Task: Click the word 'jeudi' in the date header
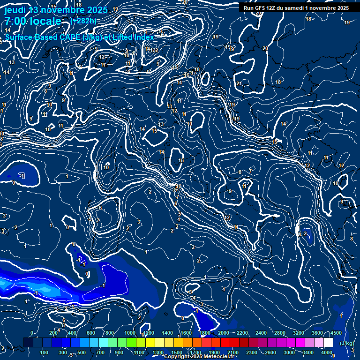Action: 16,9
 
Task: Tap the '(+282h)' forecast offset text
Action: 83,21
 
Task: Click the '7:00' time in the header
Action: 15,21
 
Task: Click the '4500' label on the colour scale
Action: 335,333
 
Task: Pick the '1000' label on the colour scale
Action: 130,333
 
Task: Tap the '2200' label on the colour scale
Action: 242,333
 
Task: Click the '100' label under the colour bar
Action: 45,352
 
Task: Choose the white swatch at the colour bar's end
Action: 328,343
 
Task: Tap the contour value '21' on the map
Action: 239,83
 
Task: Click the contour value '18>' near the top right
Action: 309,19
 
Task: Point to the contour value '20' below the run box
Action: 265,48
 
